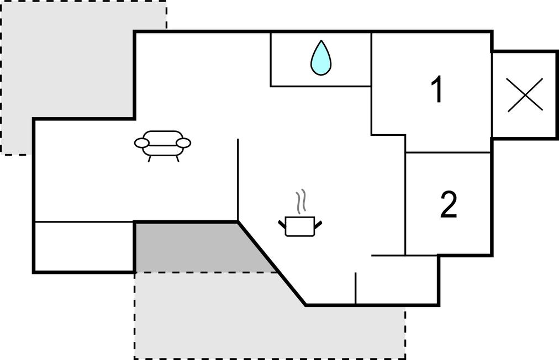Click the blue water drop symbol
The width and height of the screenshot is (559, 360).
tap(321, 58)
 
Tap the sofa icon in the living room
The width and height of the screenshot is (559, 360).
tap(162, 145)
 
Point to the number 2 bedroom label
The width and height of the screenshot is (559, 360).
tap(449, 205)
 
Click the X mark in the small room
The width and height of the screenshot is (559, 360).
tap(525, 94)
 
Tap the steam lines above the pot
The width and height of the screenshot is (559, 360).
tap(300, 203)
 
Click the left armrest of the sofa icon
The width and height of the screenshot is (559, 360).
tap(142, 143)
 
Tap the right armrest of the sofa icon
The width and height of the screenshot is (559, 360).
tap(183, 143)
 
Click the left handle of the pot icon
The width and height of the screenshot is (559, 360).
tap(282, 223)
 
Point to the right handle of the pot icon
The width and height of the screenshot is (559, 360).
tap(318, 223)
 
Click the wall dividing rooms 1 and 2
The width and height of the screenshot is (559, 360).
tap(449, 152)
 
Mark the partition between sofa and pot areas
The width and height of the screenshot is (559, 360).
tap(238, 179)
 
